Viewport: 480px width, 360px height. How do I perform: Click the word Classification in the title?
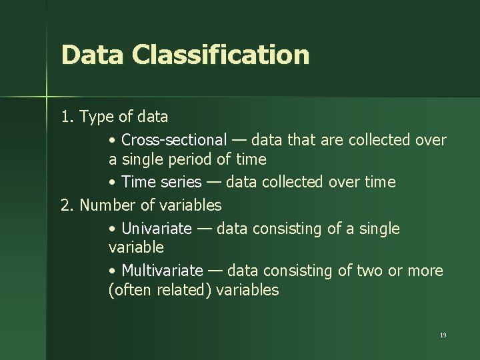[221, 55]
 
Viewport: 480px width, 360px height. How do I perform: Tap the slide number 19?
[443, 335]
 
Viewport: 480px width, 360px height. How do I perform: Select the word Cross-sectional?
[174, 140]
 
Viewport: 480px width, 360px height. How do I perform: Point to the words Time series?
[158, 182]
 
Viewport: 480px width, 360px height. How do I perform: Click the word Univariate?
[156, 229]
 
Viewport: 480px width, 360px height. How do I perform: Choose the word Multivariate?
[162, 271]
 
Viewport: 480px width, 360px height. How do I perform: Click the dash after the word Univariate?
[204, 229]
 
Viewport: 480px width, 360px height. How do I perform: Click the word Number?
[107, 205]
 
